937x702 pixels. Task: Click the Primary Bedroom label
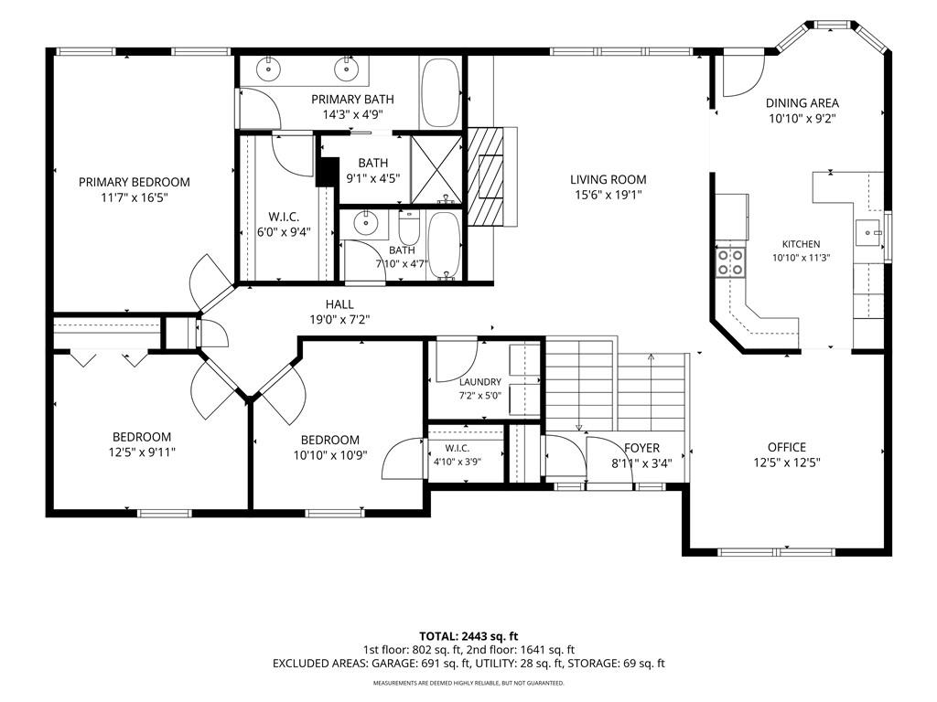pyautogui.click(x=135, y=182)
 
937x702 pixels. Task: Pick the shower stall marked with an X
pyautogui.click(x=436, y=170)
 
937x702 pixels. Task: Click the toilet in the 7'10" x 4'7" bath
pyautogui.click(x=409, y=227)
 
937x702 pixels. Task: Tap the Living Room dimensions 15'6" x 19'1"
pyautogui.click(x=608, y=195)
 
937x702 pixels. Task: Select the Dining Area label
pyautogui.click(x=802, y=102)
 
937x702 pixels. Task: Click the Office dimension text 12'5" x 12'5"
pyautogui.click(x=787, y=463)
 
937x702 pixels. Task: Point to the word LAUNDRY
pyautogui.click(x=480, y=382)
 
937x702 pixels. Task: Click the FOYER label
pyautogui.click(x=641, y=448)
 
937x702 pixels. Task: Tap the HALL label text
pyautogui.click(x=339, y=304)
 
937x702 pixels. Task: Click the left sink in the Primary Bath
pyautogui.click(x=269, y=69)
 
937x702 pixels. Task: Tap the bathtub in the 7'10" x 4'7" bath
pyautogui.click(x=444, y=245)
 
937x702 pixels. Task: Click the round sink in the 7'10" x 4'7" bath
pyautogui.click(x=365, y=223)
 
